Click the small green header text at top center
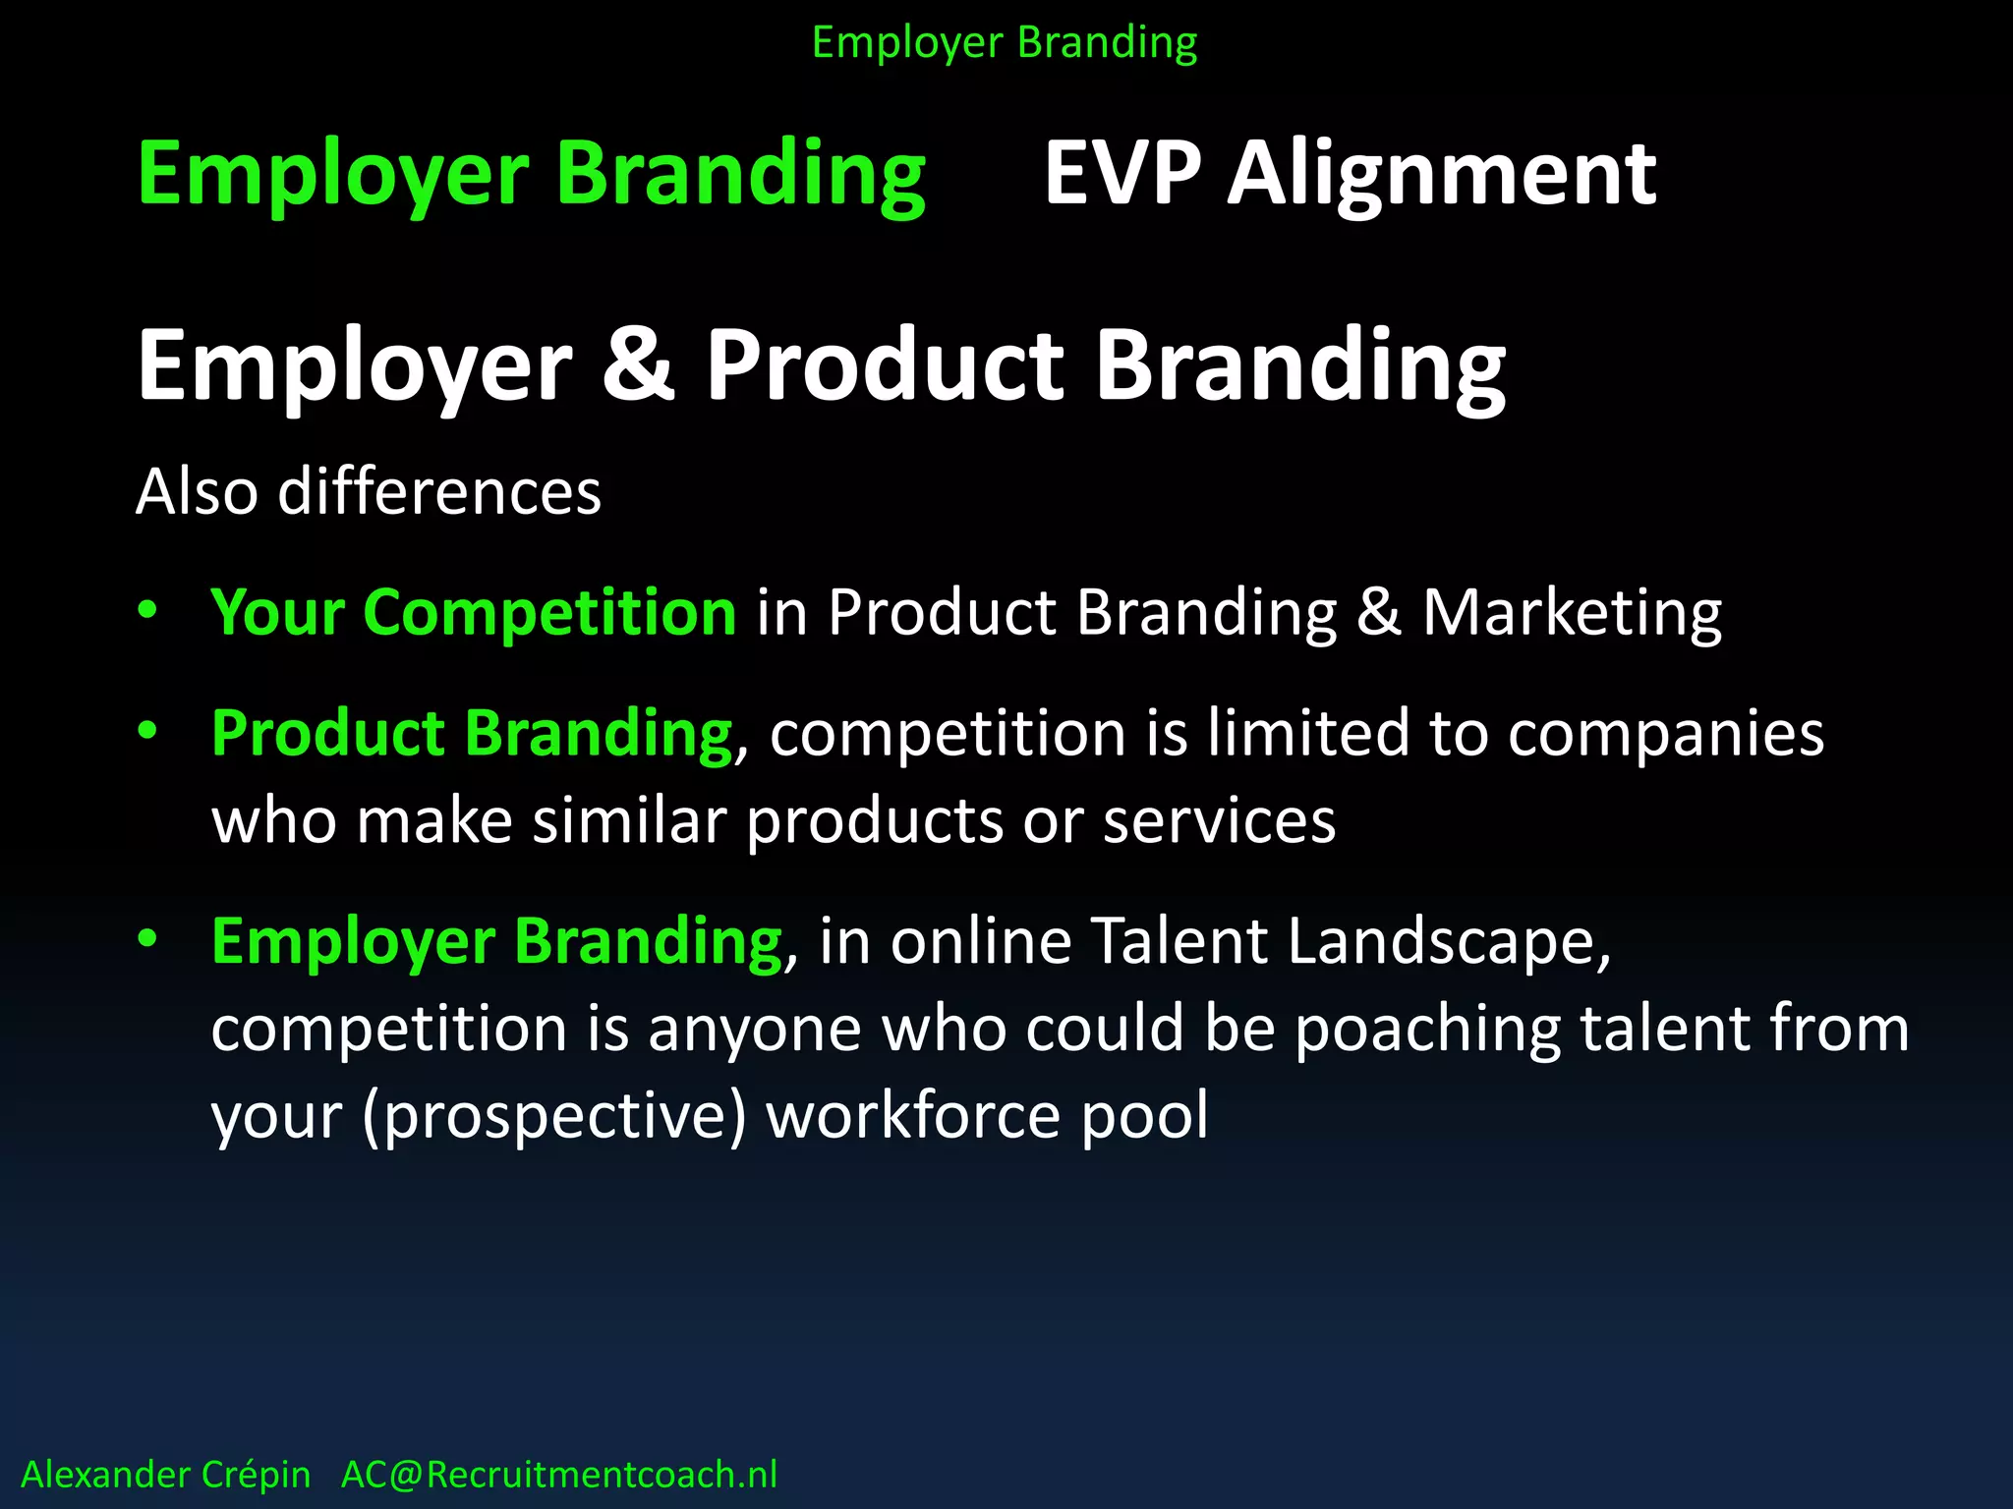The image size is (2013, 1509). click(1005, 43)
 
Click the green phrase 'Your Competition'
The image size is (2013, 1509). click(473, 612)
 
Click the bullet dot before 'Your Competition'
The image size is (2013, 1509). click(147, 610)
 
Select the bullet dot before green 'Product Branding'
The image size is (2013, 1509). click(147, 731)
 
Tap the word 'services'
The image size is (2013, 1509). click(1219, 822)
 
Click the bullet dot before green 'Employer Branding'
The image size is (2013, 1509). click(147, 939)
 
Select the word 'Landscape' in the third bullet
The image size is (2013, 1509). click(1448, 942)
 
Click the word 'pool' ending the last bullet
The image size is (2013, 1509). click(1144, 1117)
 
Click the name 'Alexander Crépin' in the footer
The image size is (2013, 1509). click(165, 1475)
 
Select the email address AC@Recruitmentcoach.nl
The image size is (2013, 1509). click(558, 1475)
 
